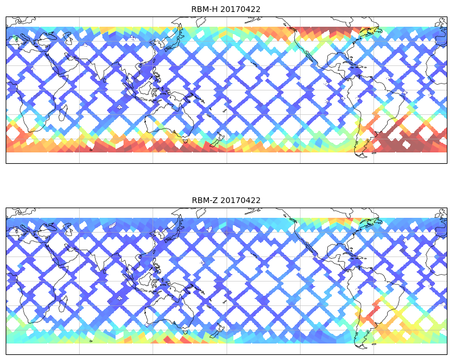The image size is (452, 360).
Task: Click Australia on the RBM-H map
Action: (165, 122)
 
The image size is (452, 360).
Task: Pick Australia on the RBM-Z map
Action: (165, 313)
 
